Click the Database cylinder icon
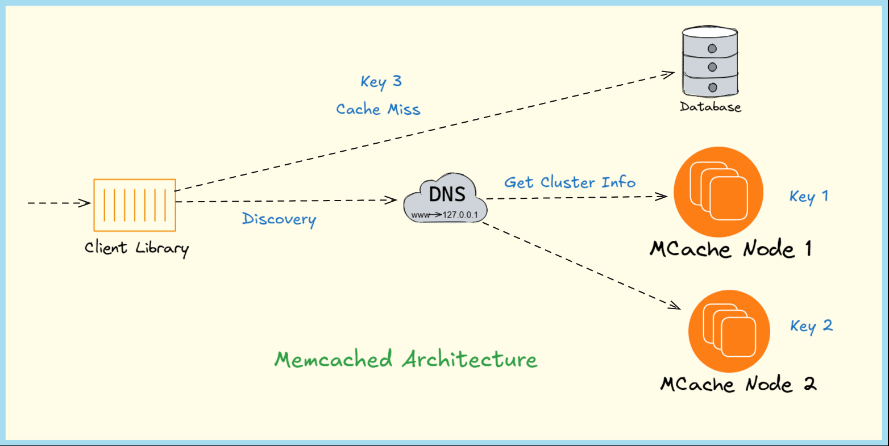(x=710, y=63)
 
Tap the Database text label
(x=711, y=107)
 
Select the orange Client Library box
(x=135, y=205)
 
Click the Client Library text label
(x=136, y=248)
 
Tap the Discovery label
(x=279, y=219)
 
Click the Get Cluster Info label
(x=570, y=182)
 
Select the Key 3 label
(x=381, y=82)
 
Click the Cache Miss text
(x=378, y=109)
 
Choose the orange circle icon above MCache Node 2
(x=729, y=331)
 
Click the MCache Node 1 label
(x=730, y=249)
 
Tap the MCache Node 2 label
(x=738, y=385)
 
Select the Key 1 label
(x=808, y=197)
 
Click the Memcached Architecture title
(x=406, y=360)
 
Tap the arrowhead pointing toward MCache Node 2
(x=675, y=307)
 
